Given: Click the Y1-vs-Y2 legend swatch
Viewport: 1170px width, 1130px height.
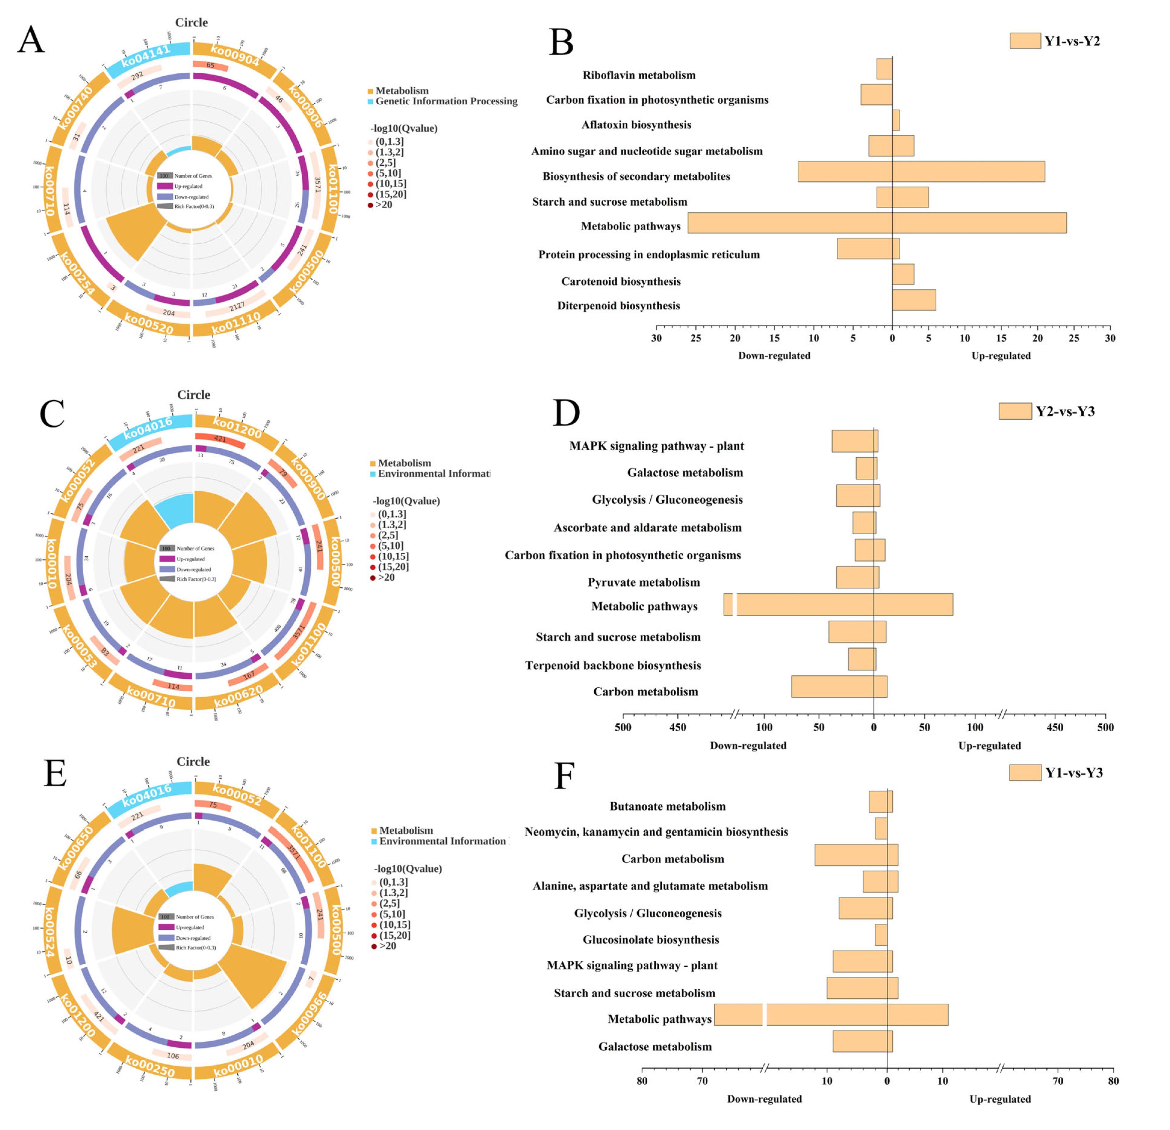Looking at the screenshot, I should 1025,41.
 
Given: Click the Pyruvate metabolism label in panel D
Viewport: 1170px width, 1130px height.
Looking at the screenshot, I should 644,582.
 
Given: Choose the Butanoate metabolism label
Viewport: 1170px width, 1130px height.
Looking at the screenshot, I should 667,806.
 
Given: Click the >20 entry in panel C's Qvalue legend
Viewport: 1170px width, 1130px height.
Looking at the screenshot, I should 386,577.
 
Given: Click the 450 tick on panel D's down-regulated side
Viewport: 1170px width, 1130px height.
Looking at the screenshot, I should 678,727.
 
